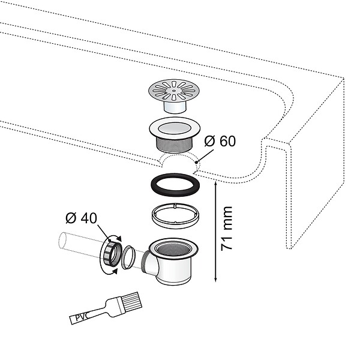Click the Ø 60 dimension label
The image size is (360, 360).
click(x=220, y=141)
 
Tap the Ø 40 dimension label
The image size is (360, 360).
click(x=81, y=218)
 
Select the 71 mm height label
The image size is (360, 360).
click(x=226, y=229)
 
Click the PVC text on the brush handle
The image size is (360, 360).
click(x=81, y=317)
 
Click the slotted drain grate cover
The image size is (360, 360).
click(x=174, y=91)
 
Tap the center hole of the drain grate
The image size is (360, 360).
click(x=174, y=91)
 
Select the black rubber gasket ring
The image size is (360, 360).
click(x=175, y=185)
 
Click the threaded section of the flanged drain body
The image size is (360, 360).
click(x=175, y=144)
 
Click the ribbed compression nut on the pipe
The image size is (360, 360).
click(x=113, y=254)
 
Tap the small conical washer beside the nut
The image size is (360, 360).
click(x=128, y=257)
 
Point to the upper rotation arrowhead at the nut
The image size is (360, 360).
click(x=119, y=238)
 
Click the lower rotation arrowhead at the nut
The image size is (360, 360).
click(x=115, y=272)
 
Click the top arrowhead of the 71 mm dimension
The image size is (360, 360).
click(x=215, y=183)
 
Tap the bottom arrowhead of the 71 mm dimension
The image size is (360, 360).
click(x=215, y=279)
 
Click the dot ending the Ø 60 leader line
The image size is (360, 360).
click(x=196, y=163)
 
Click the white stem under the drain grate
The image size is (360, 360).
click(x=175, y=107)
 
